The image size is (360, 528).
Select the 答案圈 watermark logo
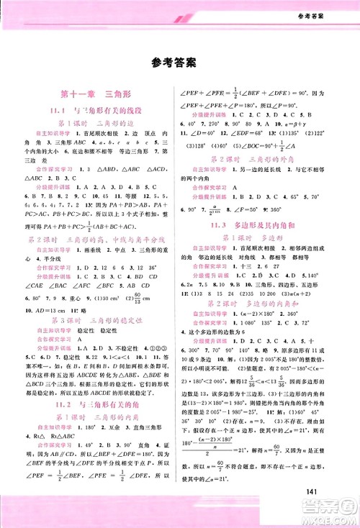pyautogui.click(x=328, y=504)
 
